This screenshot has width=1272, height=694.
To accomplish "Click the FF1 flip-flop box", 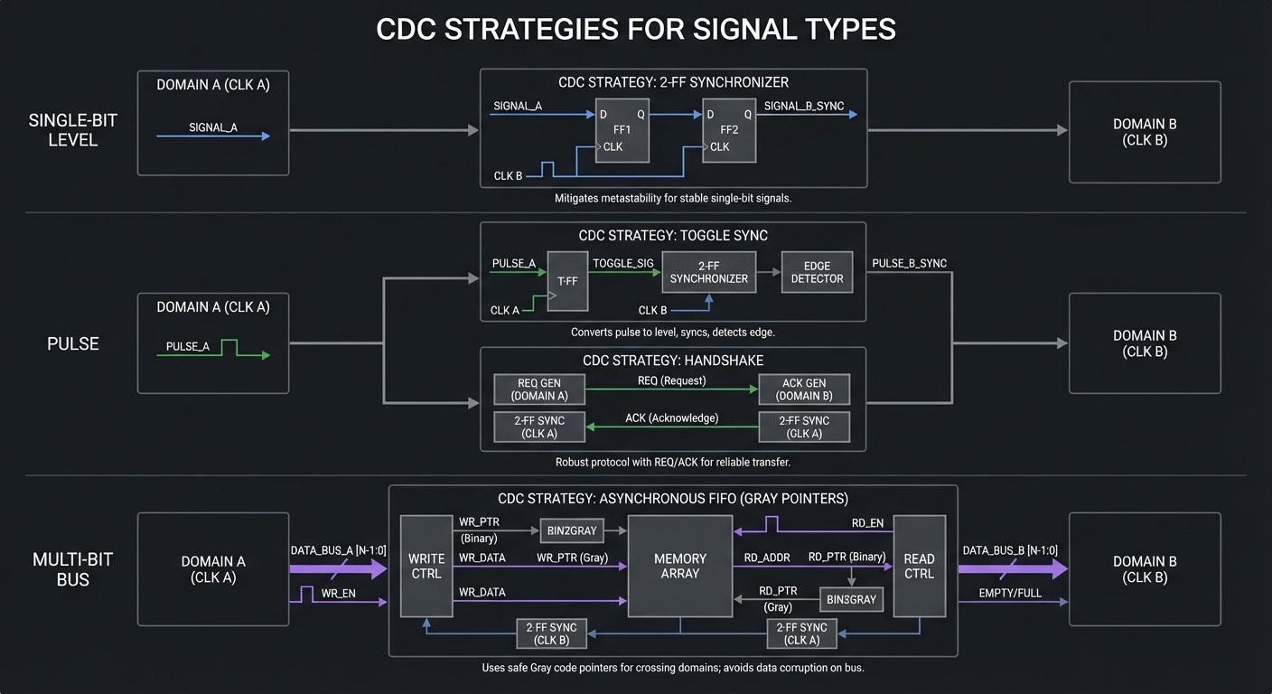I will click(622, 131).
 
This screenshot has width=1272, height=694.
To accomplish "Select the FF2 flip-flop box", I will click(728, 131).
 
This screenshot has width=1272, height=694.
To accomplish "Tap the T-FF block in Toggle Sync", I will click(567, 281).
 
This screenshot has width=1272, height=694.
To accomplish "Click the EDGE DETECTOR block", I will click(817, 271).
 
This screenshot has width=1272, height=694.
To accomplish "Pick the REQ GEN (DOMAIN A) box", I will click(539, 389).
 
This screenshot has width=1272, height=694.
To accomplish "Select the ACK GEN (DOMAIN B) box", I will click(804, 389).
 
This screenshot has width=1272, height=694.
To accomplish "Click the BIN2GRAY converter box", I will click(571, 530).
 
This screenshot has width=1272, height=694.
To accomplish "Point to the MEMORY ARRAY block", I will click(680, 566).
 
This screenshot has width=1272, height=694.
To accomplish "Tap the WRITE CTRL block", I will click(426, 566).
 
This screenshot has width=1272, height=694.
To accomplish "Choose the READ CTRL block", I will click(919, 566).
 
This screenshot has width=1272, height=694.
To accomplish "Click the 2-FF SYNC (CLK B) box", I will click(551, 633).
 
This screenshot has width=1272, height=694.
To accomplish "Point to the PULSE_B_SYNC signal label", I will click(909, 263).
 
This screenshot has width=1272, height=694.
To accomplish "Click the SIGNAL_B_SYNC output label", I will click(804, 106).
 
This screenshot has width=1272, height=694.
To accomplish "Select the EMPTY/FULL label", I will click(1009, 593).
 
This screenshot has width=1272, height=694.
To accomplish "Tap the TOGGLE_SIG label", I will click(622, 263).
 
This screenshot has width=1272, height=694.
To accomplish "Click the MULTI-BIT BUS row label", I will click(73, 570).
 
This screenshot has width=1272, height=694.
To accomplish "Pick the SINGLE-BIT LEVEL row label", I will click(73, 131).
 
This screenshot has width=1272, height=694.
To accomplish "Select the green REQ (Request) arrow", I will click(671, 389).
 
